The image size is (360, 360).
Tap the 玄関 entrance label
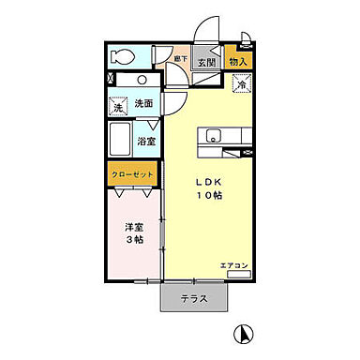205,64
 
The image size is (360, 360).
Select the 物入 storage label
238,62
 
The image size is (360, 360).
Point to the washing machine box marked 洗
118,107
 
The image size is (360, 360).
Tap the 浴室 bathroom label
147,142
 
